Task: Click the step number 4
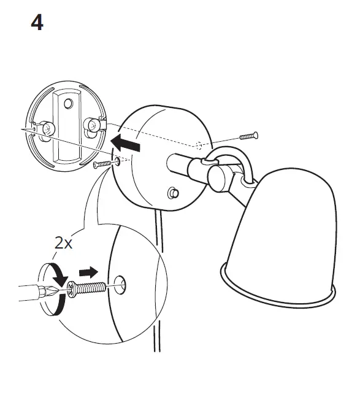coord(37,23)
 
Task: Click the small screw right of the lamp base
coord(248,135)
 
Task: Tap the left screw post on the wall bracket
coord(48,129)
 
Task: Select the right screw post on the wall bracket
coord(91,125)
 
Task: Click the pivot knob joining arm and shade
coord(219,178)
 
